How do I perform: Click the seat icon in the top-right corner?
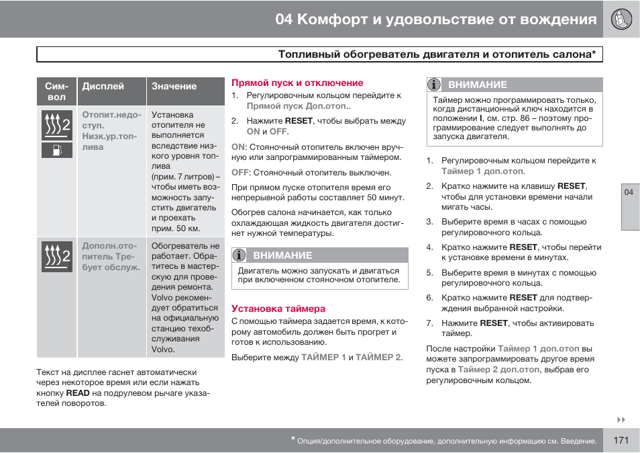click(x=621, y=19)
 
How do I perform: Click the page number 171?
click(x=621, y=441)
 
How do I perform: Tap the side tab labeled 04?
click(x=629, y=193)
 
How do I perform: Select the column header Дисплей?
click(x=103, y=86)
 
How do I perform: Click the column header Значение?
click(x=174, y=86)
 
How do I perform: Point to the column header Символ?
click(x=57, y=91)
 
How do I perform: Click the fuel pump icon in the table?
click(x=57, y=149)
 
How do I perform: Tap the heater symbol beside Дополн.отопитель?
click(x=57, y=256)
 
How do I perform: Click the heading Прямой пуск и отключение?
click(x=297, y=83)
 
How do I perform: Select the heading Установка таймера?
click(x=278, y=308)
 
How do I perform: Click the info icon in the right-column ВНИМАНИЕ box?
click(x=435, y=85)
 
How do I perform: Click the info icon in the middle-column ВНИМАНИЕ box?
click(x=239, y=255)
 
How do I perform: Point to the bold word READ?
click(x=78, y=393)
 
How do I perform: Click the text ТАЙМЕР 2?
click(x=378, y=357)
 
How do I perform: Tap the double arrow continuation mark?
click(x=621, y=420)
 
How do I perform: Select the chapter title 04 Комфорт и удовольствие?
click(x=435, y=19)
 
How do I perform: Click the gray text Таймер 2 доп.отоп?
click(x=498, y=370)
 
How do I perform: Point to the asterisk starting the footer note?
click(x=293, y=440)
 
